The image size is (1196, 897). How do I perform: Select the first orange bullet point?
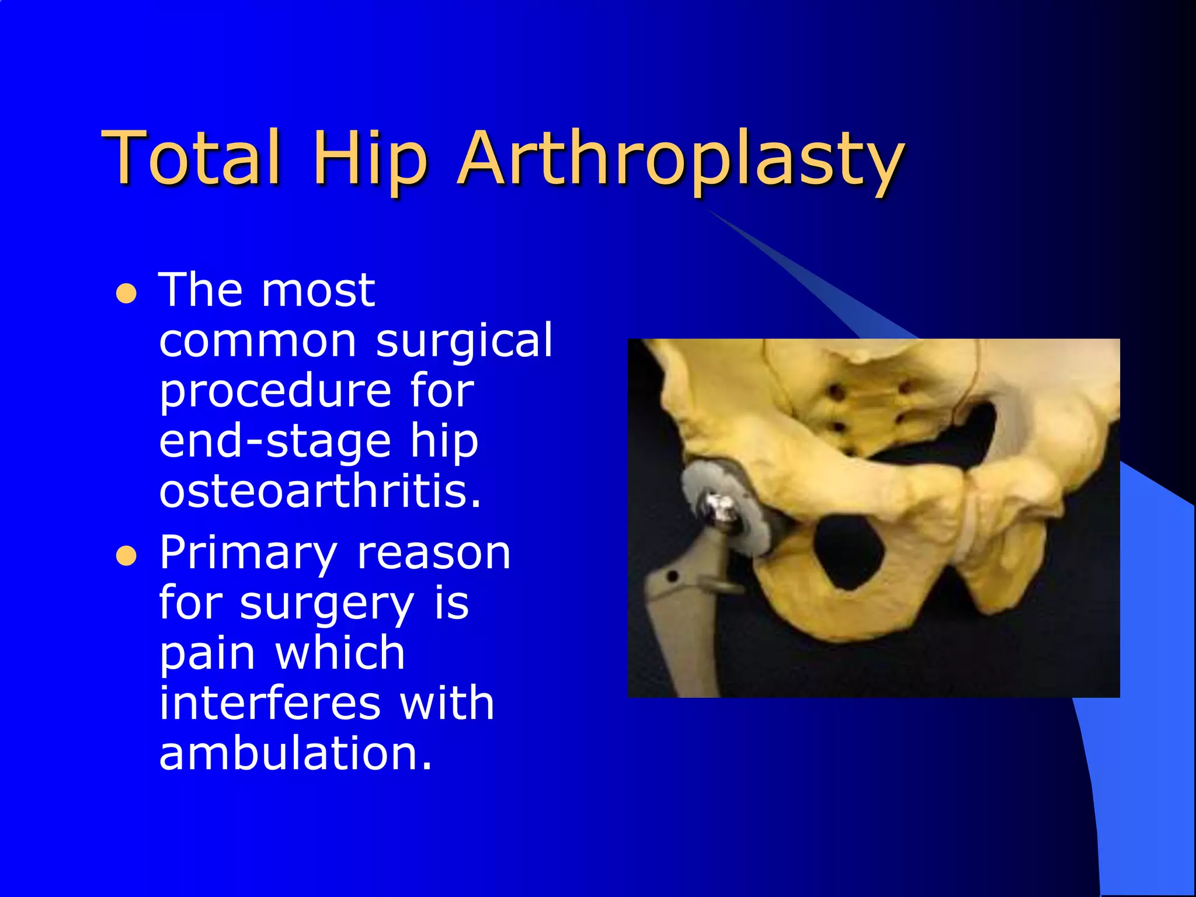point(126,294)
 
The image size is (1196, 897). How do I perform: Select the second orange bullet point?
point(126,556)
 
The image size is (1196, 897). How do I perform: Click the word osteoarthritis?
point(320,491)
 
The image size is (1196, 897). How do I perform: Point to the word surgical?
point(464,340)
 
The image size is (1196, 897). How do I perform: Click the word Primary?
point(248,552)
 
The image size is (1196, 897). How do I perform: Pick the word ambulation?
point(295,753)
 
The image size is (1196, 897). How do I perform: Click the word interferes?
point(270,703)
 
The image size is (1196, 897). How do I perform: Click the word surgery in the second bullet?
point(327,604)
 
